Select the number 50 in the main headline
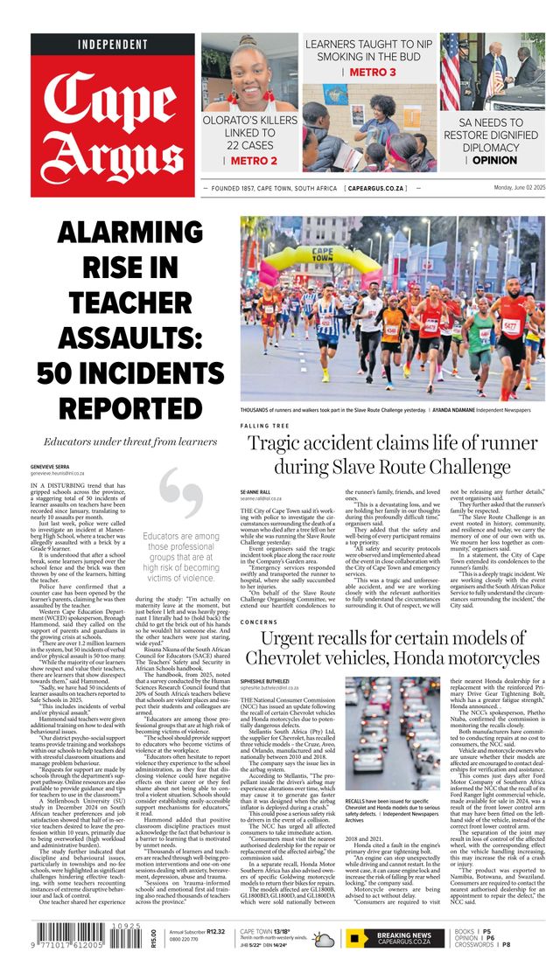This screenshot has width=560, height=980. (x=66, y=373)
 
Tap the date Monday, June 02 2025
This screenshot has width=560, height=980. (x=506, y=188)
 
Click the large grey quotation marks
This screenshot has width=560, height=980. (x=182, y=496)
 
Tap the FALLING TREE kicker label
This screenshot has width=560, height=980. (x=266, y=426)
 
